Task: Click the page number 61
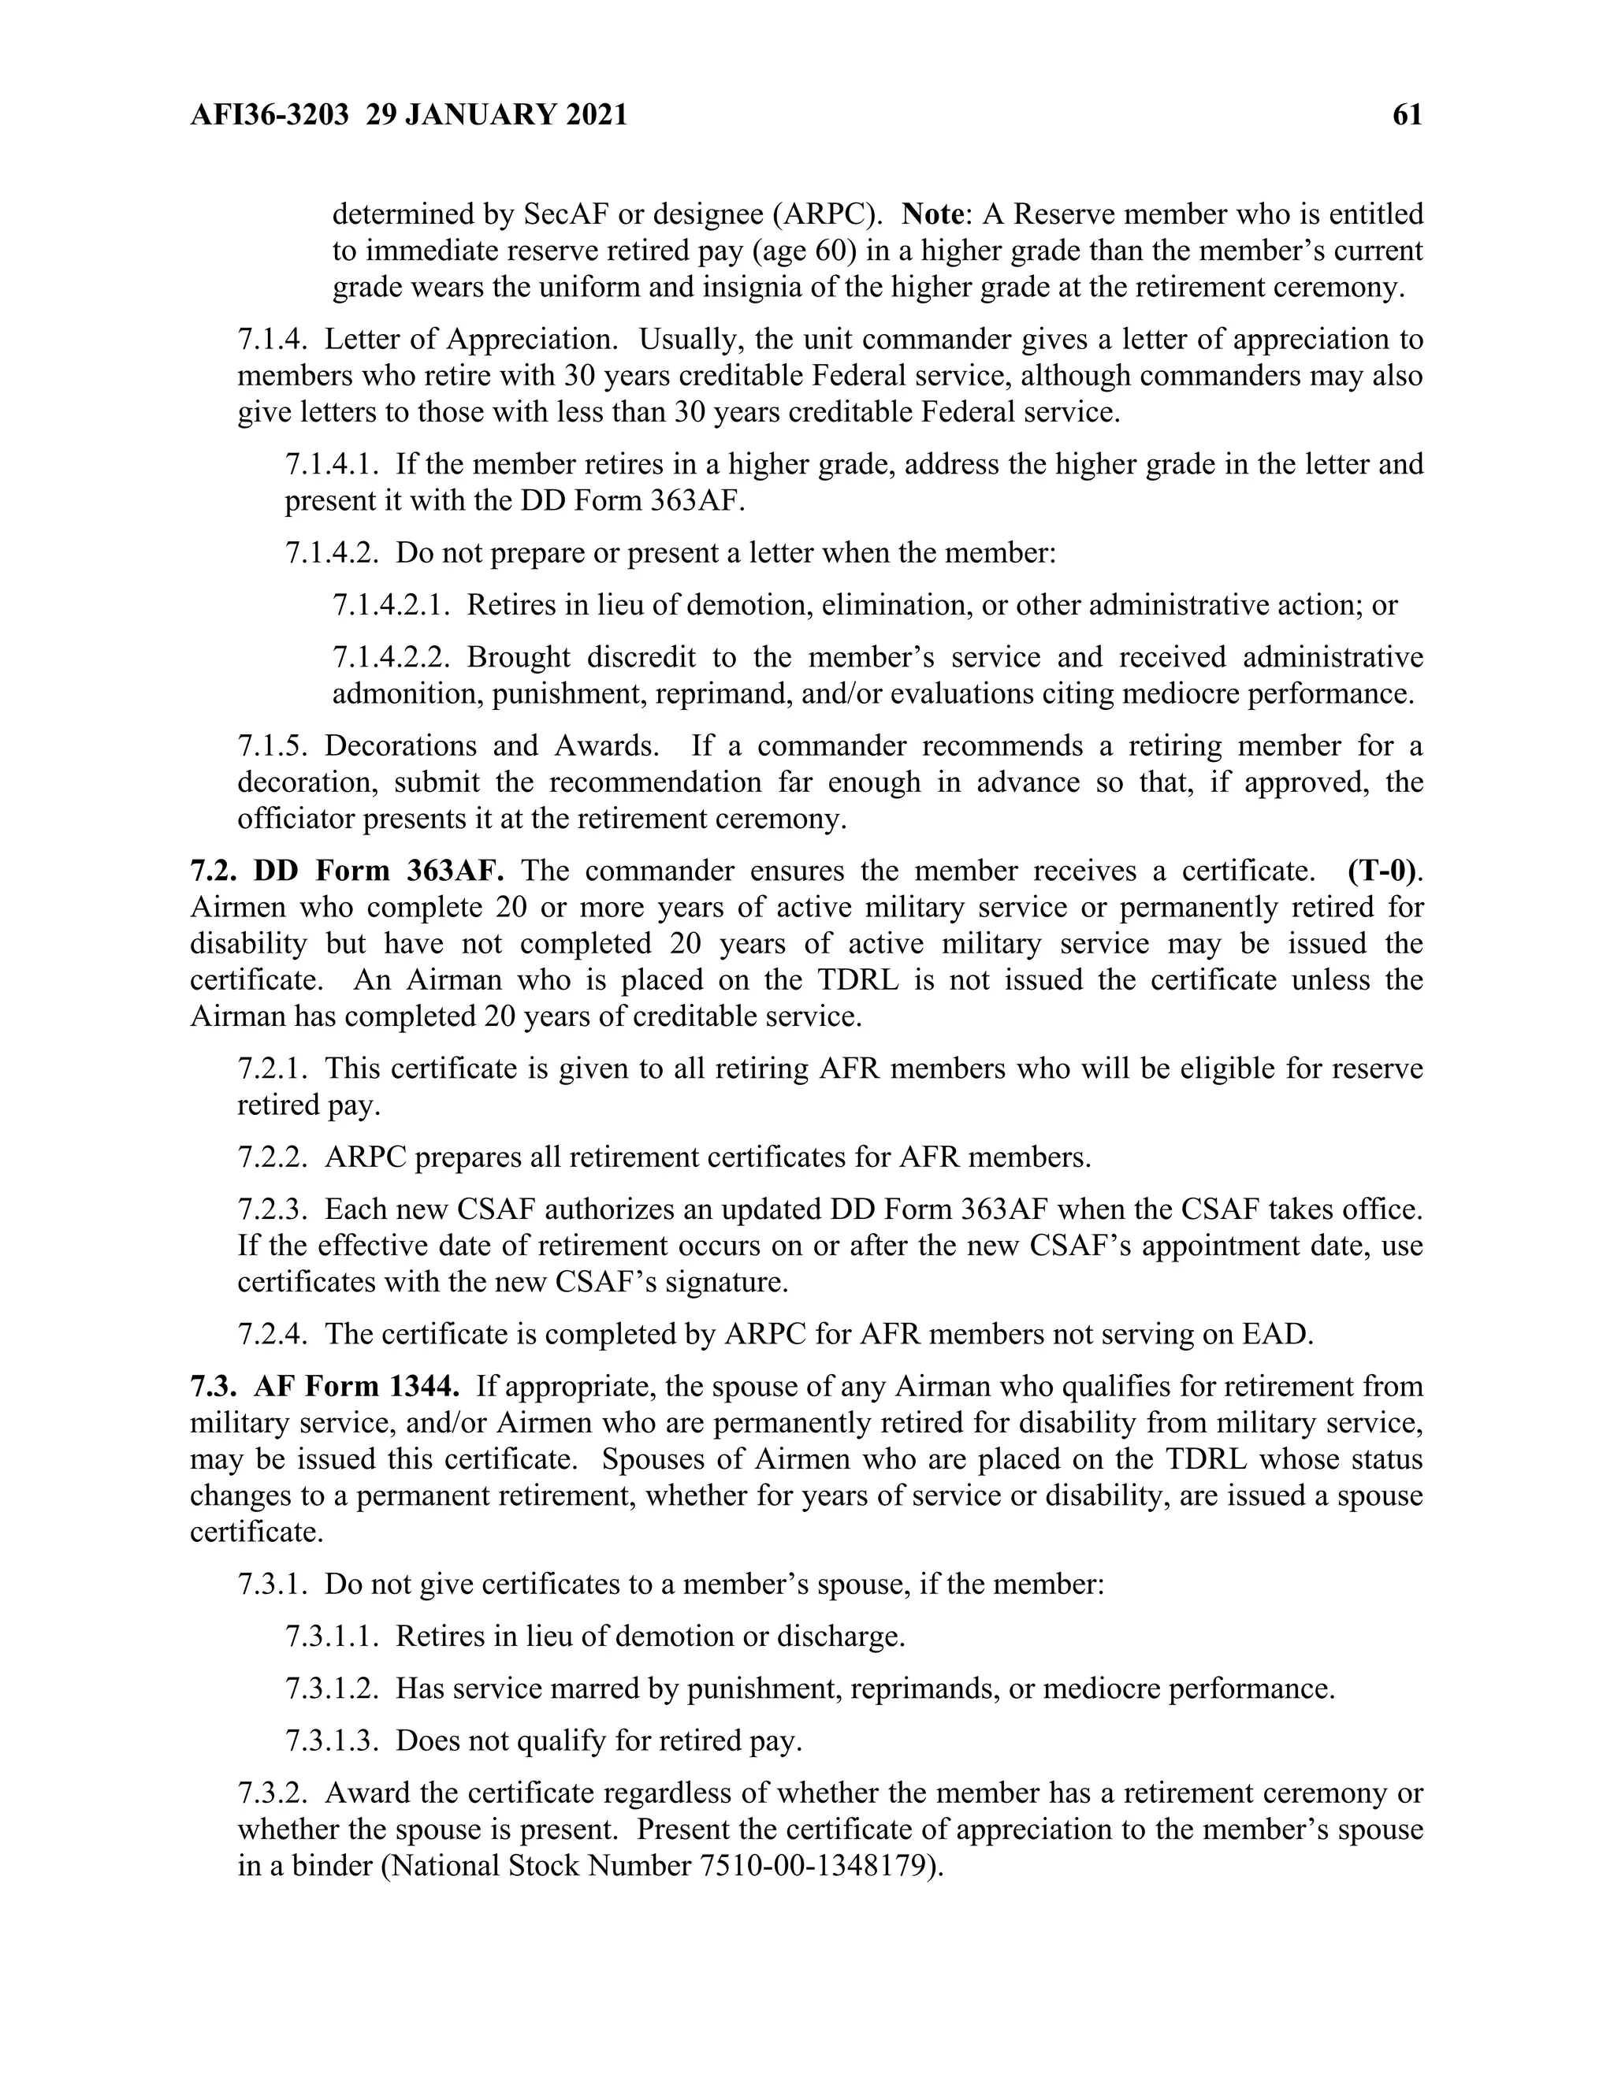click(1408, 116)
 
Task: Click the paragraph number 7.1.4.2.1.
click(390, 605)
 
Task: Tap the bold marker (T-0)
click(1382, 871)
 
